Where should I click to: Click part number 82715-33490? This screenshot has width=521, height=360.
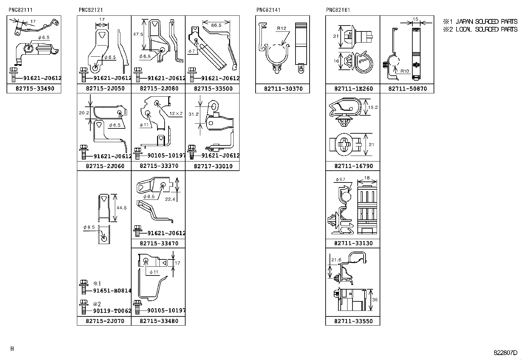pyautogui.click(x=35, y=88)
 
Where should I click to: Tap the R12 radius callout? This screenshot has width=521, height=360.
pyautogui.click(x=281, y=28)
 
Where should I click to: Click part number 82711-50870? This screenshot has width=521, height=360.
pyautogui.click(x=407, y=88)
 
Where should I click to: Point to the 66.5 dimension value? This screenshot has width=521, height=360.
pyautogui.click(x=216, y=25)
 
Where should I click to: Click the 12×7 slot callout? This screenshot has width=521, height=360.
pyautogui.click(x=176, y=114)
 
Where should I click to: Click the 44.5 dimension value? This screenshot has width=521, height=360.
pyautogui.click(x=121, y=208)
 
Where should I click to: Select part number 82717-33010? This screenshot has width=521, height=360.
pyautogui.click(x=213, y=166)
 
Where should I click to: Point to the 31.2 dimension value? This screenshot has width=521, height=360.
pyautogui.click(x=193, y=114)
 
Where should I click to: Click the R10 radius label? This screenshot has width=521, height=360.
pyautogui.click(x=405, y=71)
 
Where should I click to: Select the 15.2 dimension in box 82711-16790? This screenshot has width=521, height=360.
pyautogui.click(x=373, y=107)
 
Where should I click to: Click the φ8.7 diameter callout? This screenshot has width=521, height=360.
pyautogui.click(x=340, y=180)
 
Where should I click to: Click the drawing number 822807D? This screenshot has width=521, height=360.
pyautogui.click(x=505, y=353)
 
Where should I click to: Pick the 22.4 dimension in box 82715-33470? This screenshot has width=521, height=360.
pyautogui.click(x=170, y=199)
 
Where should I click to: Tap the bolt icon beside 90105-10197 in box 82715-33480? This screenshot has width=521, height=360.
pyautogui.click(x=137, y=306)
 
